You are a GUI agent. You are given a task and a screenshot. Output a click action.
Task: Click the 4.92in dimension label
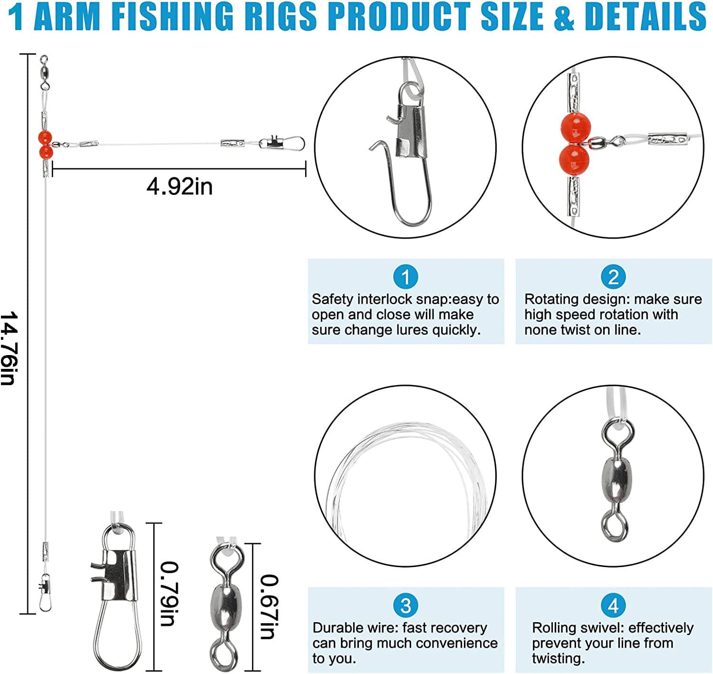(180, 186)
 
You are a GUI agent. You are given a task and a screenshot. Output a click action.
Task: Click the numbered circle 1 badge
(405, 277)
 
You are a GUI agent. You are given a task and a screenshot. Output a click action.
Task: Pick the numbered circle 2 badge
(613, 277)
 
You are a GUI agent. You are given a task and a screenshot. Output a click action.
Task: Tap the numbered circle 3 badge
(405, 605)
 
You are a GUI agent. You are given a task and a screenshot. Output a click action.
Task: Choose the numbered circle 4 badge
(613, 605)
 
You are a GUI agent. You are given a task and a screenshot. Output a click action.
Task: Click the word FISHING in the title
(172, 16)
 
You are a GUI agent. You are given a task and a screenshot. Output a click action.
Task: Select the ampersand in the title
(564, 17)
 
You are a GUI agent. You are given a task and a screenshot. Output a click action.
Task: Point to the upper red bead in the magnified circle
(576, 128)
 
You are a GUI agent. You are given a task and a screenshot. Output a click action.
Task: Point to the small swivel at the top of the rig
(44, 71)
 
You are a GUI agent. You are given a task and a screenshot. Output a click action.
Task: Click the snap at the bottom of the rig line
(45, 592)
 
